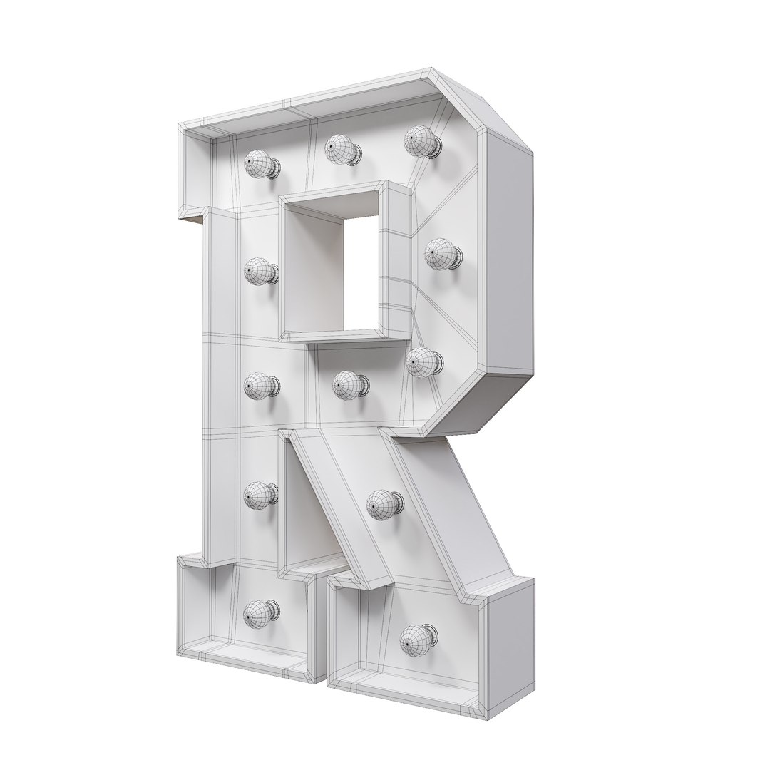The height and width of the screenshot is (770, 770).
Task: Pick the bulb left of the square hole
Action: tap(260, 272)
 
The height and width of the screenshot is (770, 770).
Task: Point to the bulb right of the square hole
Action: tap(443, 255)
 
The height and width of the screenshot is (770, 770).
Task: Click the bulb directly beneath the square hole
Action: tap(349, 385)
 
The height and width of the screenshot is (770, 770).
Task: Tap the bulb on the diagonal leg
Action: tap(384, 505)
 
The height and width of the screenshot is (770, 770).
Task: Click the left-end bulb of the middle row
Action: tap(260, 387)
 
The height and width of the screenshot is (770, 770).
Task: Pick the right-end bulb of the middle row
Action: tap(423, 363)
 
